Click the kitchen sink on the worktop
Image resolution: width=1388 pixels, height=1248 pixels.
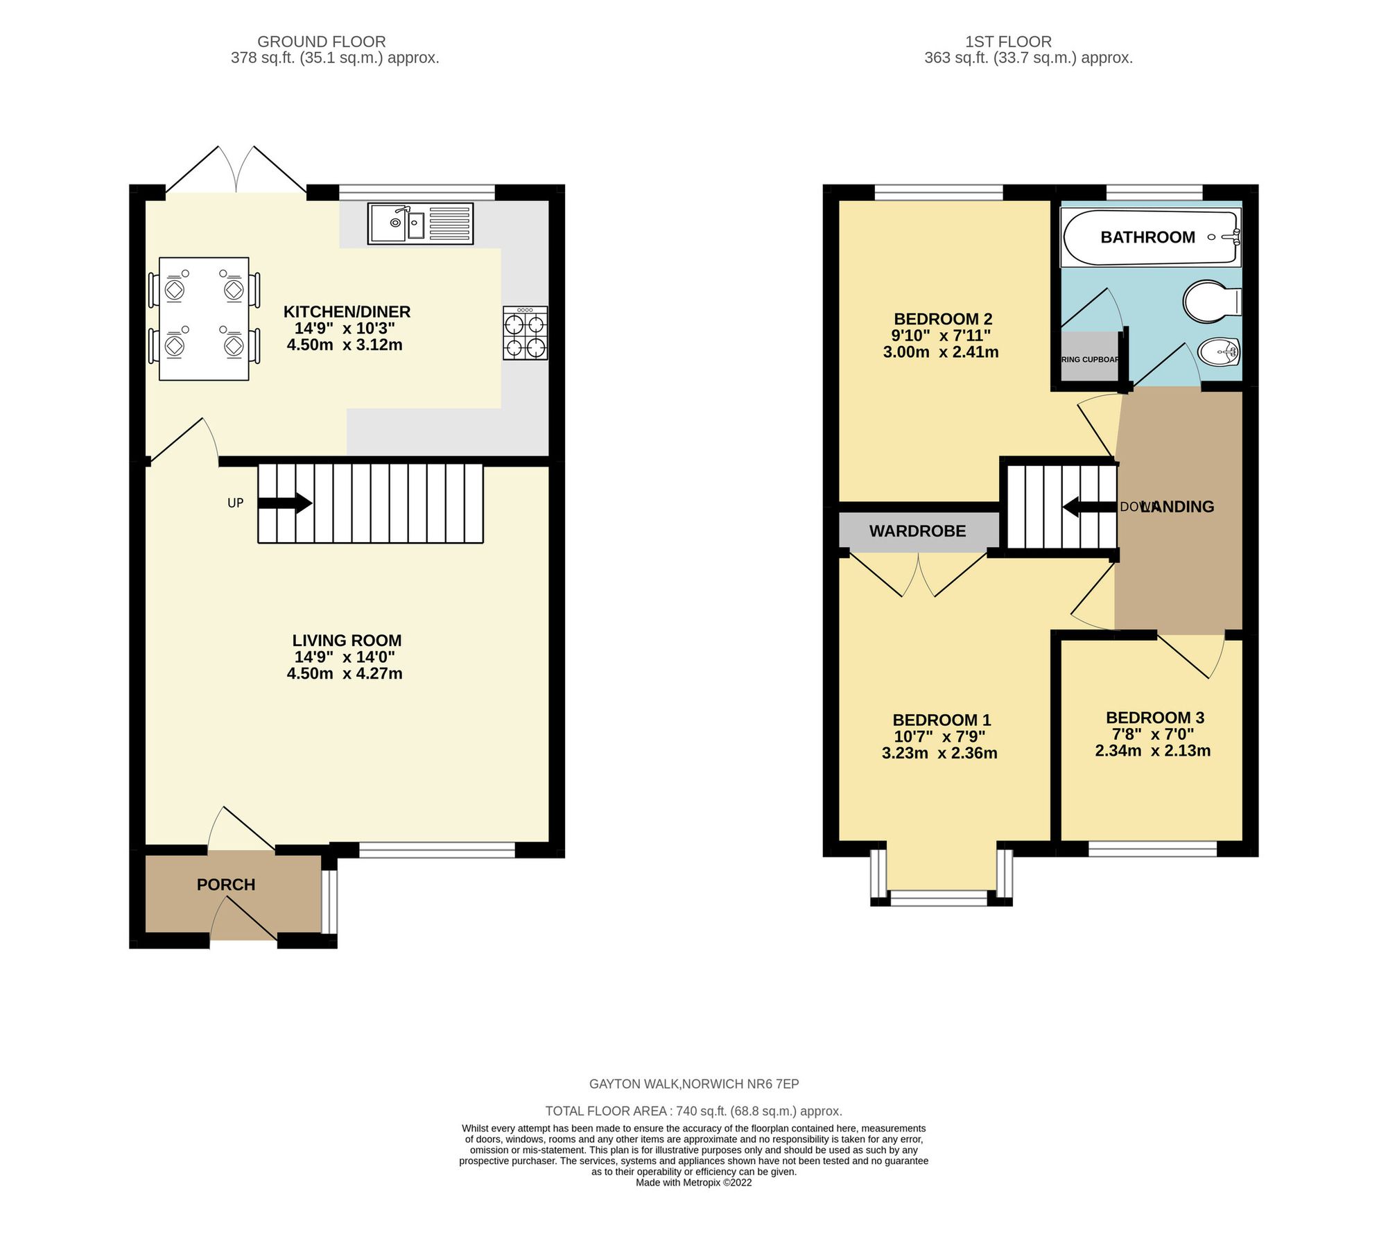420,224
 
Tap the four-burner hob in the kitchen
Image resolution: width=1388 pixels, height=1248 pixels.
525,333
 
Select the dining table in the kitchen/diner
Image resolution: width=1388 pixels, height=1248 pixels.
204,318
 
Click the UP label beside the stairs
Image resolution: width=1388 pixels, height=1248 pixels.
236,503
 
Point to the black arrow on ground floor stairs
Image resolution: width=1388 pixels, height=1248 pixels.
286,503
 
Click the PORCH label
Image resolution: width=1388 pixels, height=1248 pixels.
226,885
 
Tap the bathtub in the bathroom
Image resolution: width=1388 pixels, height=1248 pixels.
1150,237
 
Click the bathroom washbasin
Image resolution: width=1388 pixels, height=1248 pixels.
1219,352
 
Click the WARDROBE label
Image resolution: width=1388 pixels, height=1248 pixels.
917,531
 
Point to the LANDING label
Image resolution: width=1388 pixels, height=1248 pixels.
1177,507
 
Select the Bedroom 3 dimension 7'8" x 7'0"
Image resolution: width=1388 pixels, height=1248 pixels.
1153,734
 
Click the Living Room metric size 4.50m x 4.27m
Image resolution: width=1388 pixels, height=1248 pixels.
345,673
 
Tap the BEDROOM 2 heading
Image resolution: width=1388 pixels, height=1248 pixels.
943,319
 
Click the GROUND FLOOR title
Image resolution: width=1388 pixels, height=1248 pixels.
322,42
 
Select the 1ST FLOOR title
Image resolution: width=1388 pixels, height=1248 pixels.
1008,42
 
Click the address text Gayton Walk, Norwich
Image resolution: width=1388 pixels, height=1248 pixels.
693,1084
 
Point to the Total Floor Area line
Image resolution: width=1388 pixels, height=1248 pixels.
693,1111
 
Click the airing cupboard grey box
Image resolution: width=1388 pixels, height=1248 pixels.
1089,357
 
